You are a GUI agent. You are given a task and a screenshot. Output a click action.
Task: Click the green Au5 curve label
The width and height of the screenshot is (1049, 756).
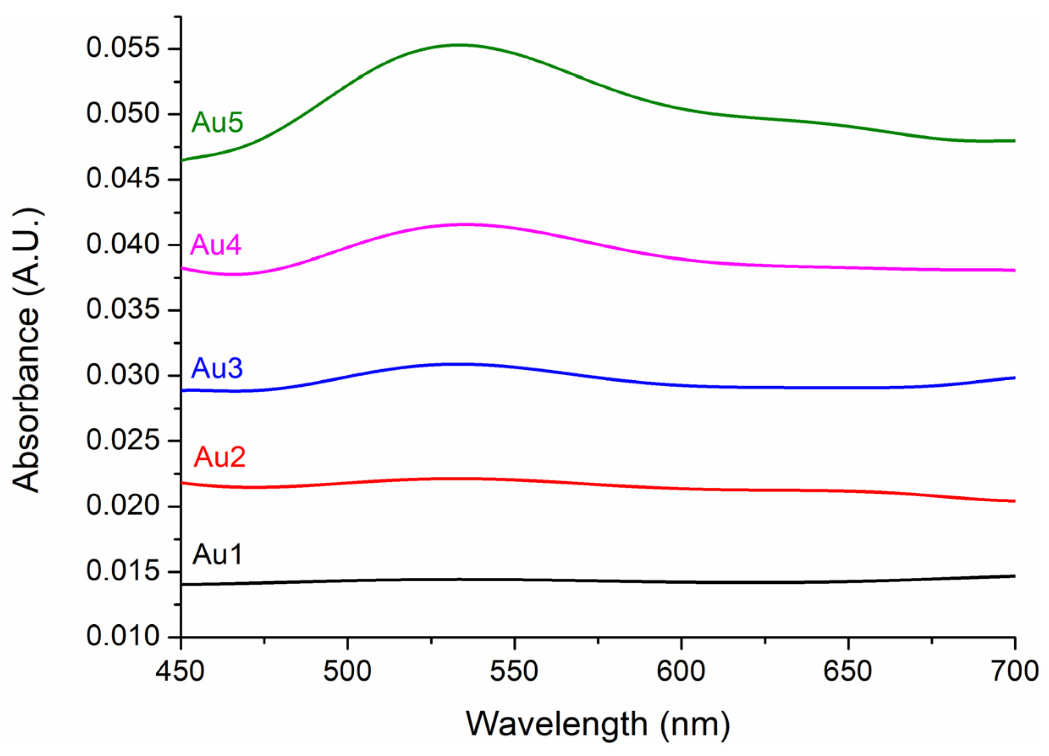point(217,123)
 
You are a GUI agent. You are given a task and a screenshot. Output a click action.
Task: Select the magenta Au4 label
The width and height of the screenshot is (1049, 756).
point(215,245)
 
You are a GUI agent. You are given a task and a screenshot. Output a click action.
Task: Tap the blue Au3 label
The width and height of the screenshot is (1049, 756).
point(217,368)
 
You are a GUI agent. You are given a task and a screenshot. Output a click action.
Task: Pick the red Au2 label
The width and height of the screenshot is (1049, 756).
point(219,457)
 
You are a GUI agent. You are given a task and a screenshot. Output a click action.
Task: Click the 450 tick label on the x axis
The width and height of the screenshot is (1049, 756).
point(180,671)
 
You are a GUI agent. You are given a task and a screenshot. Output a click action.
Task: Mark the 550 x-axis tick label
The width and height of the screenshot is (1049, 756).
point(514,671)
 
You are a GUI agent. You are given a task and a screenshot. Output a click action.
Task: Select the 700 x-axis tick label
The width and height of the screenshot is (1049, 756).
point(1015,671)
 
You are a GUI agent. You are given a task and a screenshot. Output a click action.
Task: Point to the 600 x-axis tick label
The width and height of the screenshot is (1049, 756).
point(681,671)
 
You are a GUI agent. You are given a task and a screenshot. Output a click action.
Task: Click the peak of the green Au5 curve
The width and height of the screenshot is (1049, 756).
point(460,45)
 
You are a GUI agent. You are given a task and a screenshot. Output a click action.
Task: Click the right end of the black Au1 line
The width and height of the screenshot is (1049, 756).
point(1014,576)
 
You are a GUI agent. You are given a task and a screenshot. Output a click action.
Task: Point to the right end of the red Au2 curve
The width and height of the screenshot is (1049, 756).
point(1014,501)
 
